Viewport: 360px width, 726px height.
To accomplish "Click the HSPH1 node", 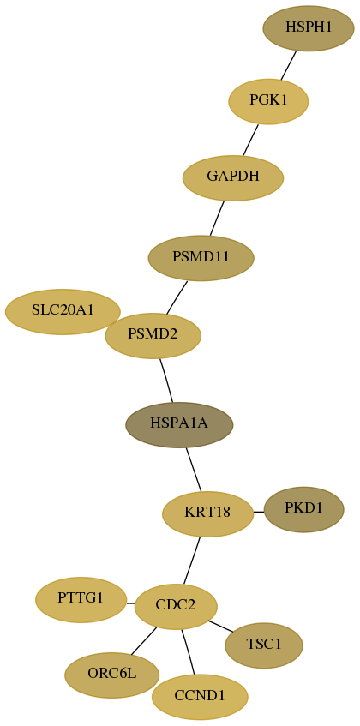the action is (309, 28).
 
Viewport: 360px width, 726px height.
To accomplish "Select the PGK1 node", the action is (268, 101).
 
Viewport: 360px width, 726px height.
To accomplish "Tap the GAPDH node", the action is (233, 177).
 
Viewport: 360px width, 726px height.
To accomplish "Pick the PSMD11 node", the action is (201, 258).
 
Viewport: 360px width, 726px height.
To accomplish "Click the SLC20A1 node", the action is (63, 312).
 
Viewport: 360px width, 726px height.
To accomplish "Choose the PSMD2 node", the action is (153, 336).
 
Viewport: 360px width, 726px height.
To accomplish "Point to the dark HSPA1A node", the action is (179, 424).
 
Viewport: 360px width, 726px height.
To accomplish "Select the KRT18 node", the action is (207, 514).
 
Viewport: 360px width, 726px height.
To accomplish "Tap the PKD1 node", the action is (303, 509).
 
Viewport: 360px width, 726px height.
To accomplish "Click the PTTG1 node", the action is (81, 600).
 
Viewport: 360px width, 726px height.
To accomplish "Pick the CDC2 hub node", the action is (176, 607).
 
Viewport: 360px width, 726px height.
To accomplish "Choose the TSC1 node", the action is (264, 645).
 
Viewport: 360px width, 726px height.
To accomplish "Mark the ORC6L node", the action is (112, 675).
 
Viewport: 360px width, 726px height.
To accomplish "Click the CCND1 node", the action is (200, 697).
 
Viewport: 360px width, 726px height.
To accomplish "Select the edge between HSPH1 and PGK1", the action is (288, 65).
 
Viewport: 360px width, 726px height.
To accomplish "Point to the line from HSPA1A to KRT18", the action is (194, 470).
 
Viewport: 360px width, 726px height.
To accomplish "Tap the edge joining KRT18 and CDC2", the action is (192, 561).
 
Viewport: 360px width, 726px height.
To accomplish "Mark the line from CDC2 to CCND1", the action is (188, 652).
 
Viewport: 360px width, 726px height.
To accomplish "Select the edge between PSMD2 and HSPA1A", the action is (166, 381).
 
